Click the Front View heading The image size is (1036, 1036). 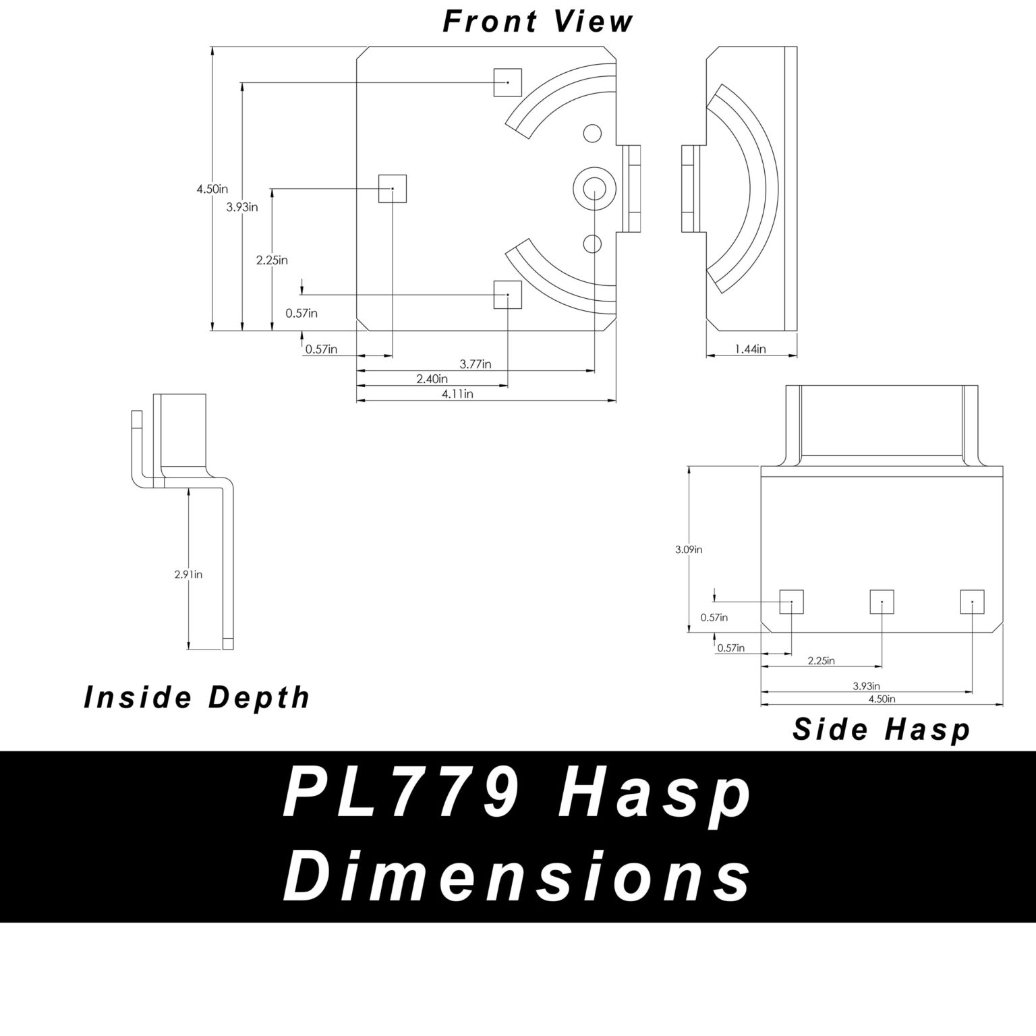coord(538,21)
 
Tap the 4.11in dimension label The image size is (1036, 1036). coord(457,394)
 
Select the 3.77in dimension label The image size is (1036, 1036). coord(476,364)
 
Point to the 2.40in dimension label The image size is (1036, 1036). coord(432,379)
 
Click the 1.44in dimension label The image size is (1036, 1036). coord(751,349)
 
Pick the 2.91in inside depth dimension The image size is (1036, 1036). coord(188,575)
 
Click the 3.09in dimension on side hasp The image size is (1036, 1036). coord(689,550)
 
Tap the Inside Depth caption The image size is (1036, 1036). coord(196,697)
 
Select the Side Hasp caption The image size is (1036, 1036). coord(881,730)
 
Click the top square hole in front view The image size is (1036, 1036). coord(508,82)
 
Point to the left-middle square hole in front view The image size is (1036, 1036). coord(393,188)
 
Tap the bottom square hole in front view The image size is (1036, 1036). coord(508,295)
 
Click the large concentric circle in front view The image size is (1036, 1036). coord(594,188)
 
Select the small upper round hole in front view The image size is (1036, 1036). coord(592,134)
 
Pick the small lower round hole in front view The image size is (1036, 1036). coord(592,242)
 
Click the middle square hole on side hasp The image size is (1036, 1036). coord(882,602)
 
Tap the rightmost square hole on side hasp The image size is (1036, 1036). coord(972,602)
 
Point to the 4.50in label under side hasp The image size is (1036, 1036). coord(882,699)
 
